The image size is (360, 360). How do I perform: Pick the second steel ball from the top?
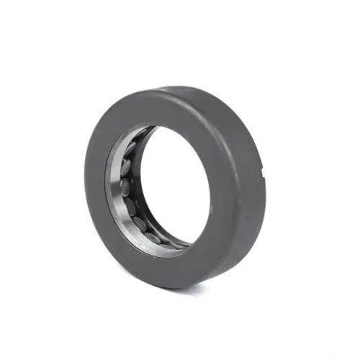(x=123, y=167)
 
